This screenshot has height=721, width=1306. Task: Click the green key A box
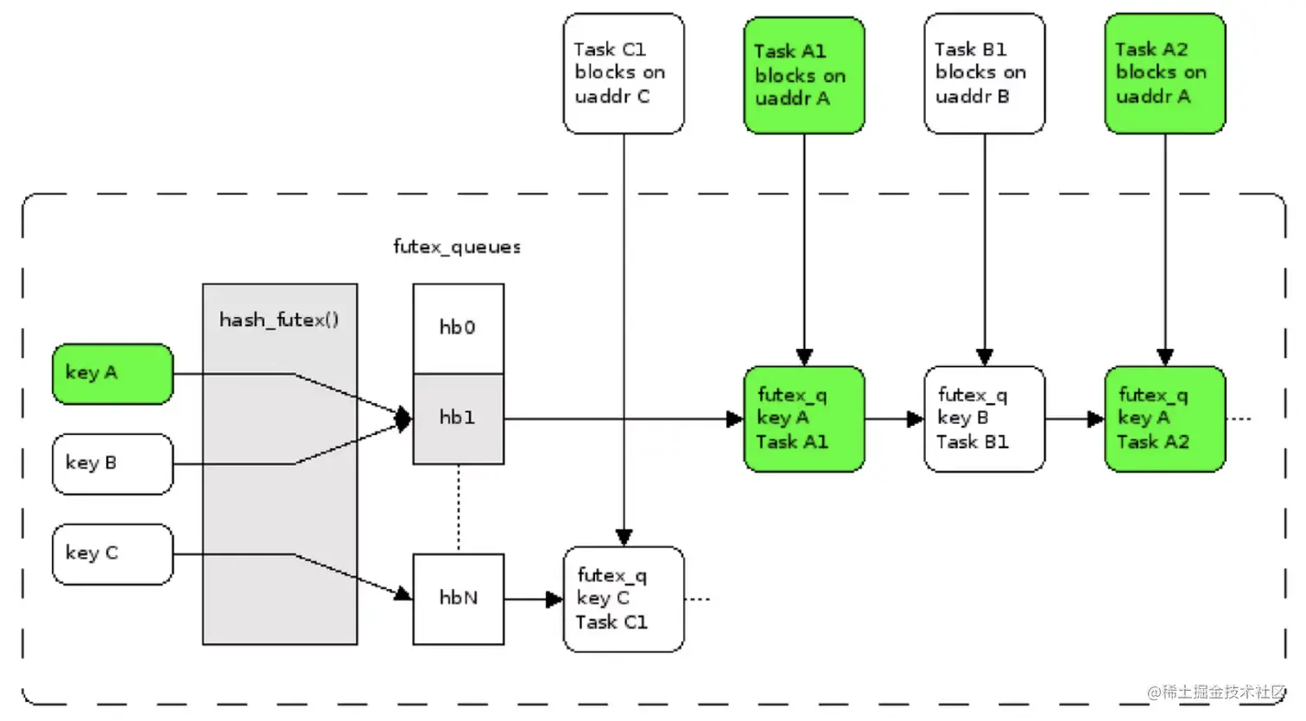[x=112, y=373]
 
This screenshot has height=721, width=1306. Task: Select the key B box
[x=112, y=464]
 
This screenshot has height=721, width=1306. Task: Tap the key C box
[x=112, y=553]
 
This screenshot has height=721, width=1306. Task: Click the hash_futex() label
[x=278, y=320]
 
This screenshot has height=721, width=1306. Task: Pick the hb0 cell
[x=458, y=328]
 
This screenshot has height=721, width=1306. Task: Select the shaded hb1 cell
[x=458, y=419]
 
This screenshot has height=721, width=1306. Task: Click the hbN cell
[x=458, y=598]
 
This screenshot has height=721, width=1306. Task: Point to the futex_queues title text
[x=457, y=248]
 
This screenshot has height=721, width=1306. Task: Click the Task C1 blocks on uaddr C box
[x=623, y=73]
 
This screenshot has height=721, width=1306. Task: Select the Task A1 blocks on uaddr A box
[x=803, y=75]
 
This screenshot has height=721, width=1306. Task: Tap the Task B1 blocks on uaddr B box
[x=984, y=73]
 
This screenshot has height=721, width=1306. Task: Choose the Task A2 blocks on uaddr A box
[x=1164, y=73]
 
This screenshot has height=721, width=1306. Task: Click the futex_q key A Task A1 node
[x=803, y=419]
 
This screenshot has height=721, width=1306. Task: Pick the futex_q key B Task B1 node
[x=984, y=419]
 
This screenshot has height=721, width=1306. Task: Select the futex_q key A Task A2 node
[x=1164, y=419]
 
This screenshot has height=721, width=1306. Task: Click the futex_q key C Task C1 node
[x=623, y=598]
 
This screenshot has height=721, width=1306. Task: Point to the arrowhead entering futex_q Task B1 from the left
[x=916, y=420]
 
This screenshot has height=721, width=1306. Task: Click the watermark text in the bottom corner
[x=1215, y=693]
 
